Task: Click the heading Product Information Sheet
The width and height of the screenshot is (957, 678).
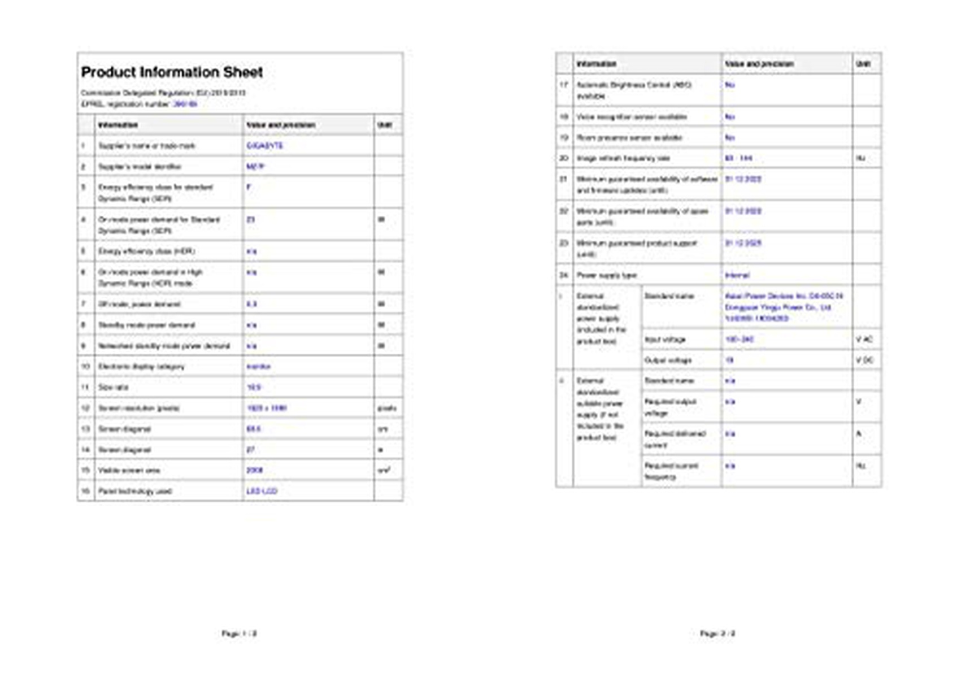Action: (172, 72)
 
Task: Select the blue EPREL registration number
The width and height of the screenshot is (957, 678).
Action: (185, 104)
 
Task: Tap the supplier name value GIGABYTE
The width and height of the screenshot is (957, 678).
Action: (264, 146)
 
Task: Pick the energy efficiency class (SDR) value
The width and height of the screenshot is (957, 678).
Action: (249, 187)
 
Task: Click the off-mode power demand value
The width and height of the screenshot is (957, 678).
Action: (251, 304)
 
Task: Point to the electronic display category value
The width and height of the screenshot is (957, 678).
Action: (258, 367)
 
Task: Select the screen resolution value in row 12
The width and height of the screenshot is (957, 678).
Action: (266, 408)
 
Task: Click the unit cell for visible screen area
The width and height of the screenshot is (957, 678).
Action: (384, 470)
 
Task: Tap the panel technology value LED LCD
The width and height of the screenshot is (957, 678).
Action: (262, 491)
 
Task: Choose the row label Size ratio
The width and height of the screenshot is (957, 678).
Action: (113, 388)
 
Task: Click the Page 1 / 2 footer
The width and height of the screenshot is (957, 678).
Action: (239, 634)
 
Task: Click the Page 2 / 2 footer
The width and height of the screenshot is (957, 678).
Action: (717, 634)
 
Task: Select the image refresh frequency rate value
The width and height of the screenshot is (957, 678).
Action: (738, 158)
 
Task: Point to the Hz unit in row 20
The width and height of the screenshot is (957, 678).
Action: (860, 158)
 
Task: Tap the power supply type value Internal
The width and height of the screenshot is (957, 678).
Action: (737, 275)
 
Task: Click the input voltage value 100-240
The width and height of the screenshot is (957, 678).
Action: (739, 340)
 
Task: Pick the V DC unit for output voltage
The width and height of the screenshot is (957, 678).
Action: (864, 360)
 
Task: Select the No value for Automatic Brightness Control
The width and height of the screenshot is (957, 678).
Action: (730, 85)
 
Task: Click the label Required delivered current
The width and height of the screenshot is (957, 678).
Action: (675, 439)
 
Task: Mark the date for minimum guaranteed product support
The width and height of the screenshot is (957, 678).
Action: (743, 243)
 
